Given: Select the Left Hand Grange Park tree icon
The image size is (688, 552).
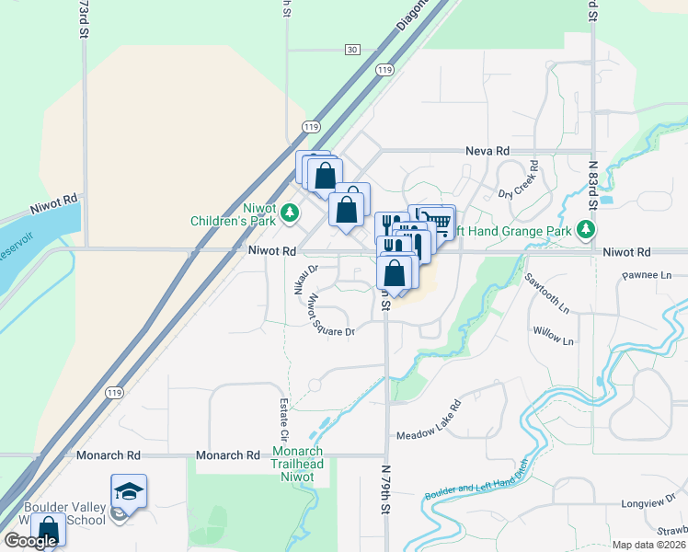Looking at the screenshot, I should [586, 229].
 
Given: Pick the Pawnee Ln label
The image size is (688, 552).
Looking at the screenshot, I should [648, 274].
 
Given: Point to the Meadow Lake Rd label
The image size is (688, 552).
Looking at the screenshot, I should [428, 422].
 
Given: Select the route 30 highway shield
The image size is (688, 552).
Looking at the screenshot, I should [352, 49].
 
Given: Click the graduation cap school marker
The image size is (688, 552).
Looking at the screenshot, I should [129, 491].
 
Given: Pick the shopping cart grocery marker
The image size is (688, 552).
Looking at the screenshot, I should [439, 222].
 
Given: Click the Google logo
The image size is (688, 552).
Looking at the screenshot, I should [30, 541].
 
